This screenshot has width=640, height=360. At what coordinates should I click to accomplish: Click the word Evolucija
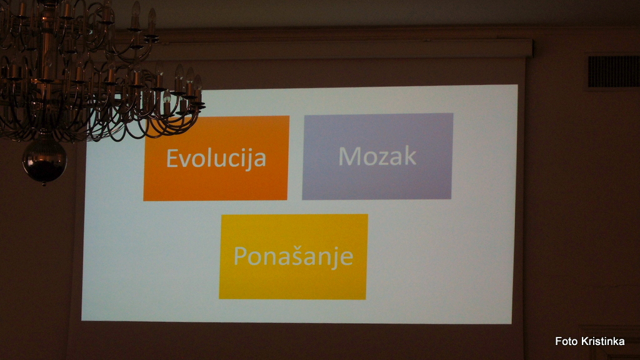(x=216, y=159)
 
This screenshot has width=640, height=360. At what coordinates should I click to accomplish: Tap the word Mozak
(x=377, y=156)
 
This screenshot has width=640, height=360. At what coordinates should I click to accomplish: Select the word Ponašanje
(x=293, y=256)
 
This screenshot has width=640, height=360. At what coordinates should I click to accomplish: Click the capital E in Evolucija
(x=172, y=158)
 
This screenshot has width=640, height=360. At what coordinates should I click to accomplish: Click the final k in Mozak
(x=410, y=156)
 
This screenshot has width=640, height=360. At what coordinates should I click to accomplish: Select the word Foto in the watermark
(x=566, y=341)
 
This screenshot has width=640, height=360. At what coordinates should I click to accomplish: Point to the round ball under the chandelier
(x=44, y=159)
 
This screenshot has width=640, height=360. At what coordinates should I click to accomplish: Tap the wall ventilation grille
(x=614, y=72)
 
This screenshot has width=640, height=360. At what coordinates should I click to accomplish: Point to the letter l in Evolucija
(x=209, y=158)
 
